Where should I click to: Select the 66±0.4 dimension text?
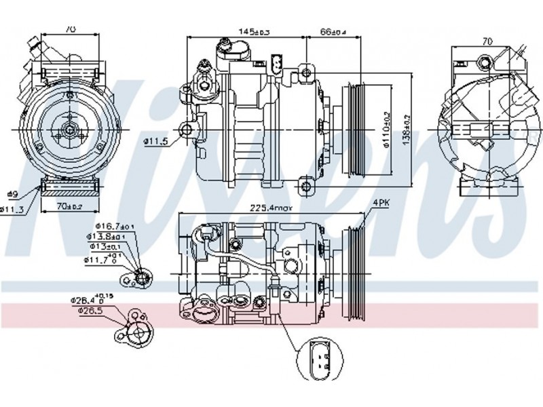pyautogui.click(x=333, y=31)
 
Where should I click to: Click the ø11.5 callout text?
pyautogui.click(x=156, y=141)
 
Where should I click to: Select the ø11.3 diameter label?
pyautogui.click(x=12, y=208)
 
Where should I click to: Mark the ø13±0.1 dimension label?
pyautogui.click(x=107, y=247)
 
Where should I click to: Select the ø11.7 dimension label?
pyautogui.click(x=101, y=258)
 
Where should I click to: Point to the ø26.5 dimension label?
pyautogui.click(x=90, y=311)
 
